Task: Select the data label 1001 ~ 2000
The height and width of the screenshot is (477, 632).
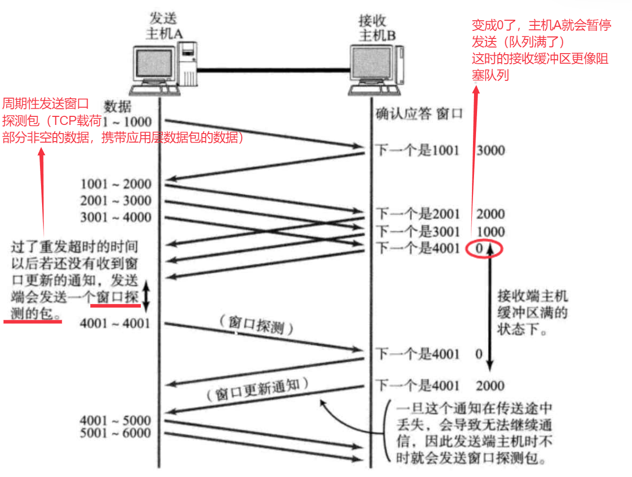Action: tap(116, 184)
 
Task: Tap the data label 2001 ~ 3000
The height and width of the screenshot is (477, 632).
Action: tap(116, 201)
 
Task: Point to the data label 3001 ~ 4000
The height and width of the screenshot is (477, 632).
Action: tap(116, 218)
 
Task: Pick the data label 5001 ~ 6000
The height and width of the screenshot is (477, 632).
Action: tap(115, 433)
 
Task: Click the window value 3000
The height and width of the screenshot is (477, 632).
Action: tap(490, 150)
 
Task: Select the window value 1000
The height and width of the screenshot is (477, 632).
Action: tap(490, 232)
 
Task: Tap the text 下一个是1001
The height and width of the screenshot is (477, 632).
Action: tap(417, 150)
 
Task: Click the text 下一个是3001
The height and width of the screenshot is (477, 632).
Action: tap(417, 232)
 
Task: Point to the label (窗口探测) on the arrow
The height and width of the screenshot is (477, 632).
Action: tap(257, 327)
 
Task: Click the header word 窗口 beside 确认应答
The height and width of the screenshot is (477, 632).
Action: tap(450, 113)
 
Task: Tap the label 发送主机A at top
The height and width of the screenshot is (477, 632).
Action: tap(164, 26)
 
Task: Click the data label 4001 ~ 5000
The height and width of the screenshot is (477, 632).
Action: tap(115, 420)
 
